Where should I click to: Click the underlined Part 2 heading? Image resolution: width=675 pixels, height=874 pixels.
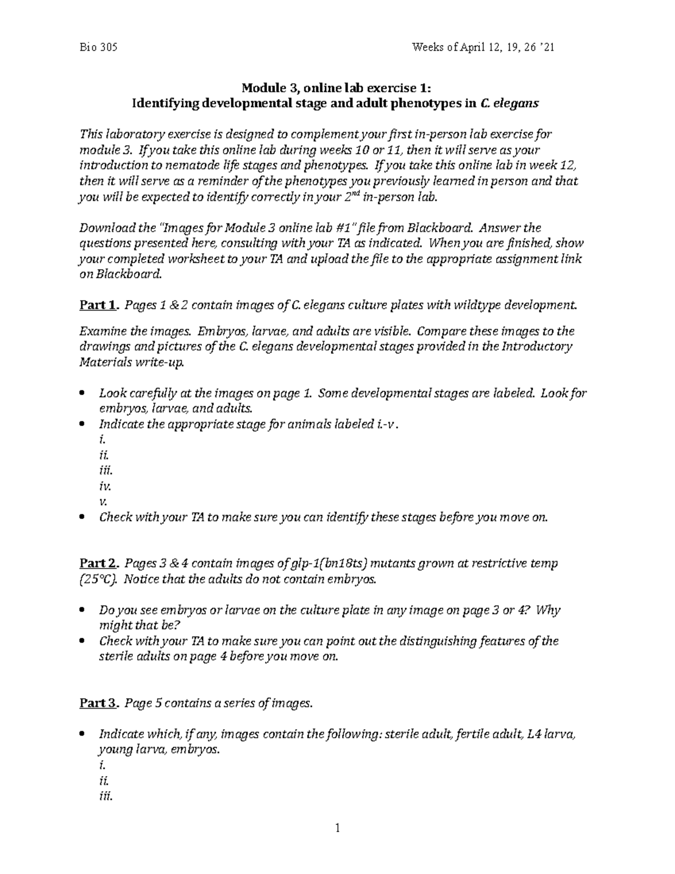tap(99, 563)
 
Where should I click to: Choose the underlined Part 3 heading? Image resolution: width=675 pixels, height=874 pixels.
tap(99, 703)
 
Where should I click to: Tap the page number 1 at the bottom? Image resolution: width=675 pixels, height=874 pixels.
tap(337, 827)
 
